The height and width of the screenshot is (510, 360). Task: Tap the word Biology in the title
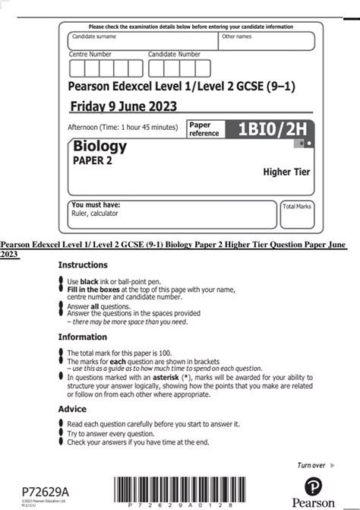(x=99, y=145)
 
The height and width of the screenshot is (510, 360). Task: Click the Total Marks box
(x=297, y=214)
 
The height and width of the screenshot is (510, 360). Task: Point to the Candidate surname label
(x=93, y=36)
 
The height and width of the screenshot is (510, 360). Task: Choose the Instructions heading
(x=83, y=265)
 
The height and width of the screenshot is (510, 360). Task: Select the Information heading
(x=82, y=337)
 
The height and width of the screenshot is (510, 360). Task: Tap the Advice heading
(x=72, y=409)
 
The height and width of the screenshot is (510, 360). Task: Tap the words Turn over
(x=311, y=465)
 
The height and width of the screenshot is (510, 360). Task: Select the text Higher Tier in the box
(x=286, y=172)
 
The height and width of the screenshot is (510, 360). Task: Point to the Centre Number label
(x=90, y=55)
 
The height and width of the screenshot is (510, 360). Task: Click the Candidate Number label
(x=174, y=55)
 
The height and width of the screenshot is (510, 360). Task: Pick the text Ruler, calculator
(x=97, y=214)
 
